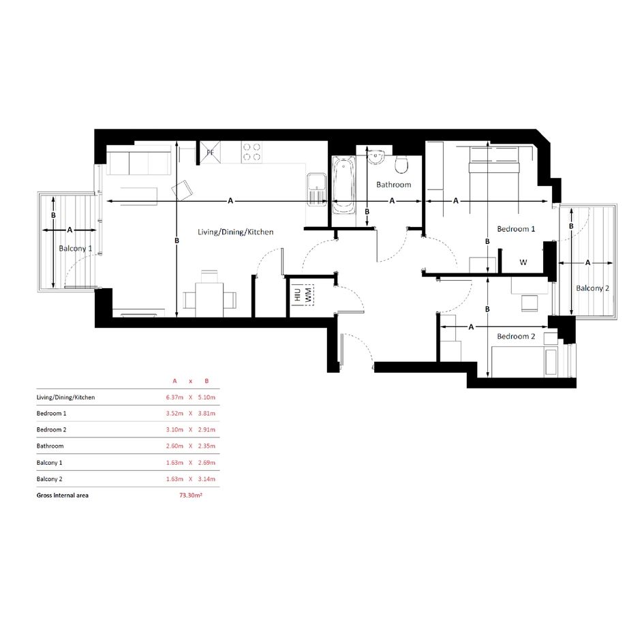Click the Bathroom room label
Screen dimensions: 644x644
click(393, 185)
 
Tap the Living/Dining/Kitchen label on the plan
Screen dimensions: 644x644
click(235, 232)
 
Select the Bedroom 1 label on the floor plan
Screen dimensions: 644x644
click(516, 229)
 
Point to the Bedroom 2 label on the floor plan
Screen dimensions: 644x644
click(516, 337)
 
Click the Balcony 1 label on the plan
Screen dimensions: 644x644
click(76, 249)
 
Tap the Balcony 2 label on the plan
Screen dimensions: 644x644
click(592, 288)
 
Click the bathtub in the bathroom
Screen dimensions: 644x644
click(343, 185)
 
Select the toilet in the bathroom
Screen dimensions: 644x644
click(401, 164)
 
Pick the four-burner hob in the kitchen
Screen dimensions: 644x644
click(251, 152)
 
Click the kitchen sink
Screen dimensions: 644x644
click(316, 189)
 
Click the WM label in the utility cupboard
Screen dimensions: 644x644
click(309, 294)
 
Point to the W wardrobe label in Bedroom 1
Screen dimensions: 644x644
click(523, 262)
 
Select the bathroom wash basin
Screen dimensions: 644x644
click(375, 157)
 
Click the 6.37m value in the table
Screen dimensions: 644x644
click(174, 397)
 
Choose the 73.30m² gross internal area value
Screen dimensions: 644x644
click(191, 495)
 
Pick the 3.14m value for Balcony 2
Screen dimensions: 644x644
click(206, 479)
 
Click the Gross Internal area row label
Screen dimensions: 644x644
click(63, 495)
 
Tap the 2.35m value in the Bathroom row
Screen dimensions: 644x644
click(206, 446)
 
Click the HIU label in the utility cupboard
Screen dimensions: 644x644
click(298, 294)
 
